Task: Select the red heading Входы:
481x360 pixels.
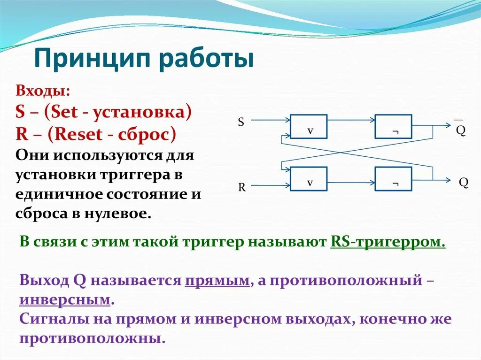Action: [43, 91]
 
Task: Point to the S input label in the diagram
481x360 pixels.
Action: [241, 123]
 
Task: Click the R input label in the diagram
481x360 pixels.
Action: [242, 187]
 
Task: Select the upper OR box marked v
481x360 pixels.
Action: [309, 127]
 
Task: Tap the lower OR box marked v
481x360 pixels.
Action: [309, 179]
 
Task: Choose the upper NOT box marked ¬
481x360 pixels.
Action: [393, 127]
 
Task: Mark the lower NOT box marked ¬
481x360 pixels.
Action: [393, 179]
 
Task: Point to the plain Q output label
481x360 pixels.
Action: [464, 183]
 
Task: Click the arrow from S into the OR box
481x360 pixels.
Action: [271, 120]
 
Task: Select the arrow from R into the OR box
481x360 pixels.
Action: [271, 185]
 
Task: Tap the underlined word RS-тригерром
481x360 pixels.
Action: [388, 242]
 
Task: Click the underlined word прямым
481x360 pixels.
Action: [217, 281]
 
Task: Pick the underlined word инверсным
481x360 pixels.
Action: [65, 299]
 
